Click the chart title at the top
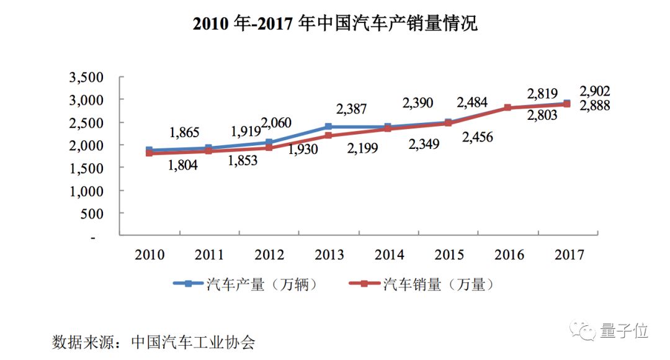point(335,24)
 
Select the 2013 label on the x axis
point(330,255)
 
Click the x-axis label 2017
point(568,255)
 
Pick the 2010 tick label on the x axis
point(150,255)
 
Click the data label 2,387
point(352,109)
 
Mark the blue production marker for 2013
point(328,127)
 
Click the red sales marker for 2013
point(328,135)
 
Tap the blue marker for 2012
point(269,142)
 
